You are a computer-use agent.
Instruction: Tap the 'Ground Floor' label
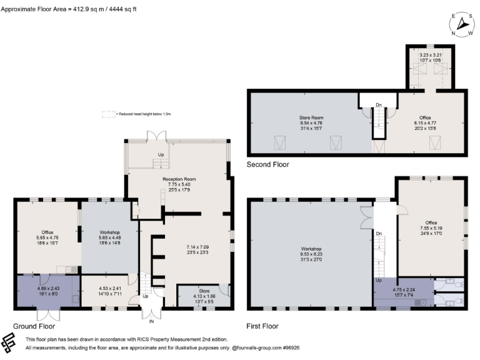(34, 326)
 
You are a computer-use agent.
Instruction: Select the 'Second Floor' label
(268, 164)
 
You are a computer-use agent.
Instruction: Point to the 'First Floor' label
(263, 326)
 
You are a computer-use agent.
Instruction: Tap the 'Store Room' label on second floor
(311, 117)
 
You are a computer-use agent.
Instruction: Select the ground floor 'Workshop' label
(109, 232)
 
